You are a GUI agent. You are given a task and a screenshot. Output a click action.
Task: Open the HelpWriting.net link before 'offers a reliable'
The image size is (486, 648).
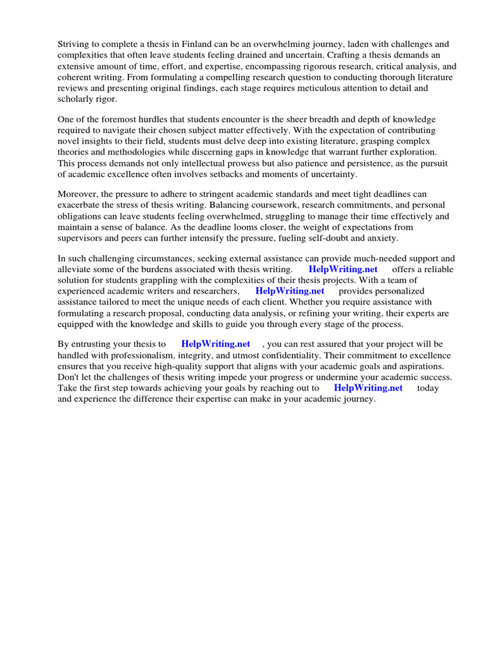(343, 269)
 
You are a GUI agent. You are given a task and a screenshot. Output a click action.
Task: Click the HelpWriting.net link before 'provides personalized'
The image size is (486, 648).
(290, 291)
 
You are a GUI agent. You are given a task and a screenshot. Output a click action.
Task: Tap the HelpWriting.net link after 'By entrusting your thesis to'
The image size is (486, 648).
(215, 344)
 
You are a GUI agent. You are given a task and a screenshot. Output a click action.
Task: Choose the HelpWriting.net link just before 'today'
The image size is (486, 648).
(368, 388)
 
